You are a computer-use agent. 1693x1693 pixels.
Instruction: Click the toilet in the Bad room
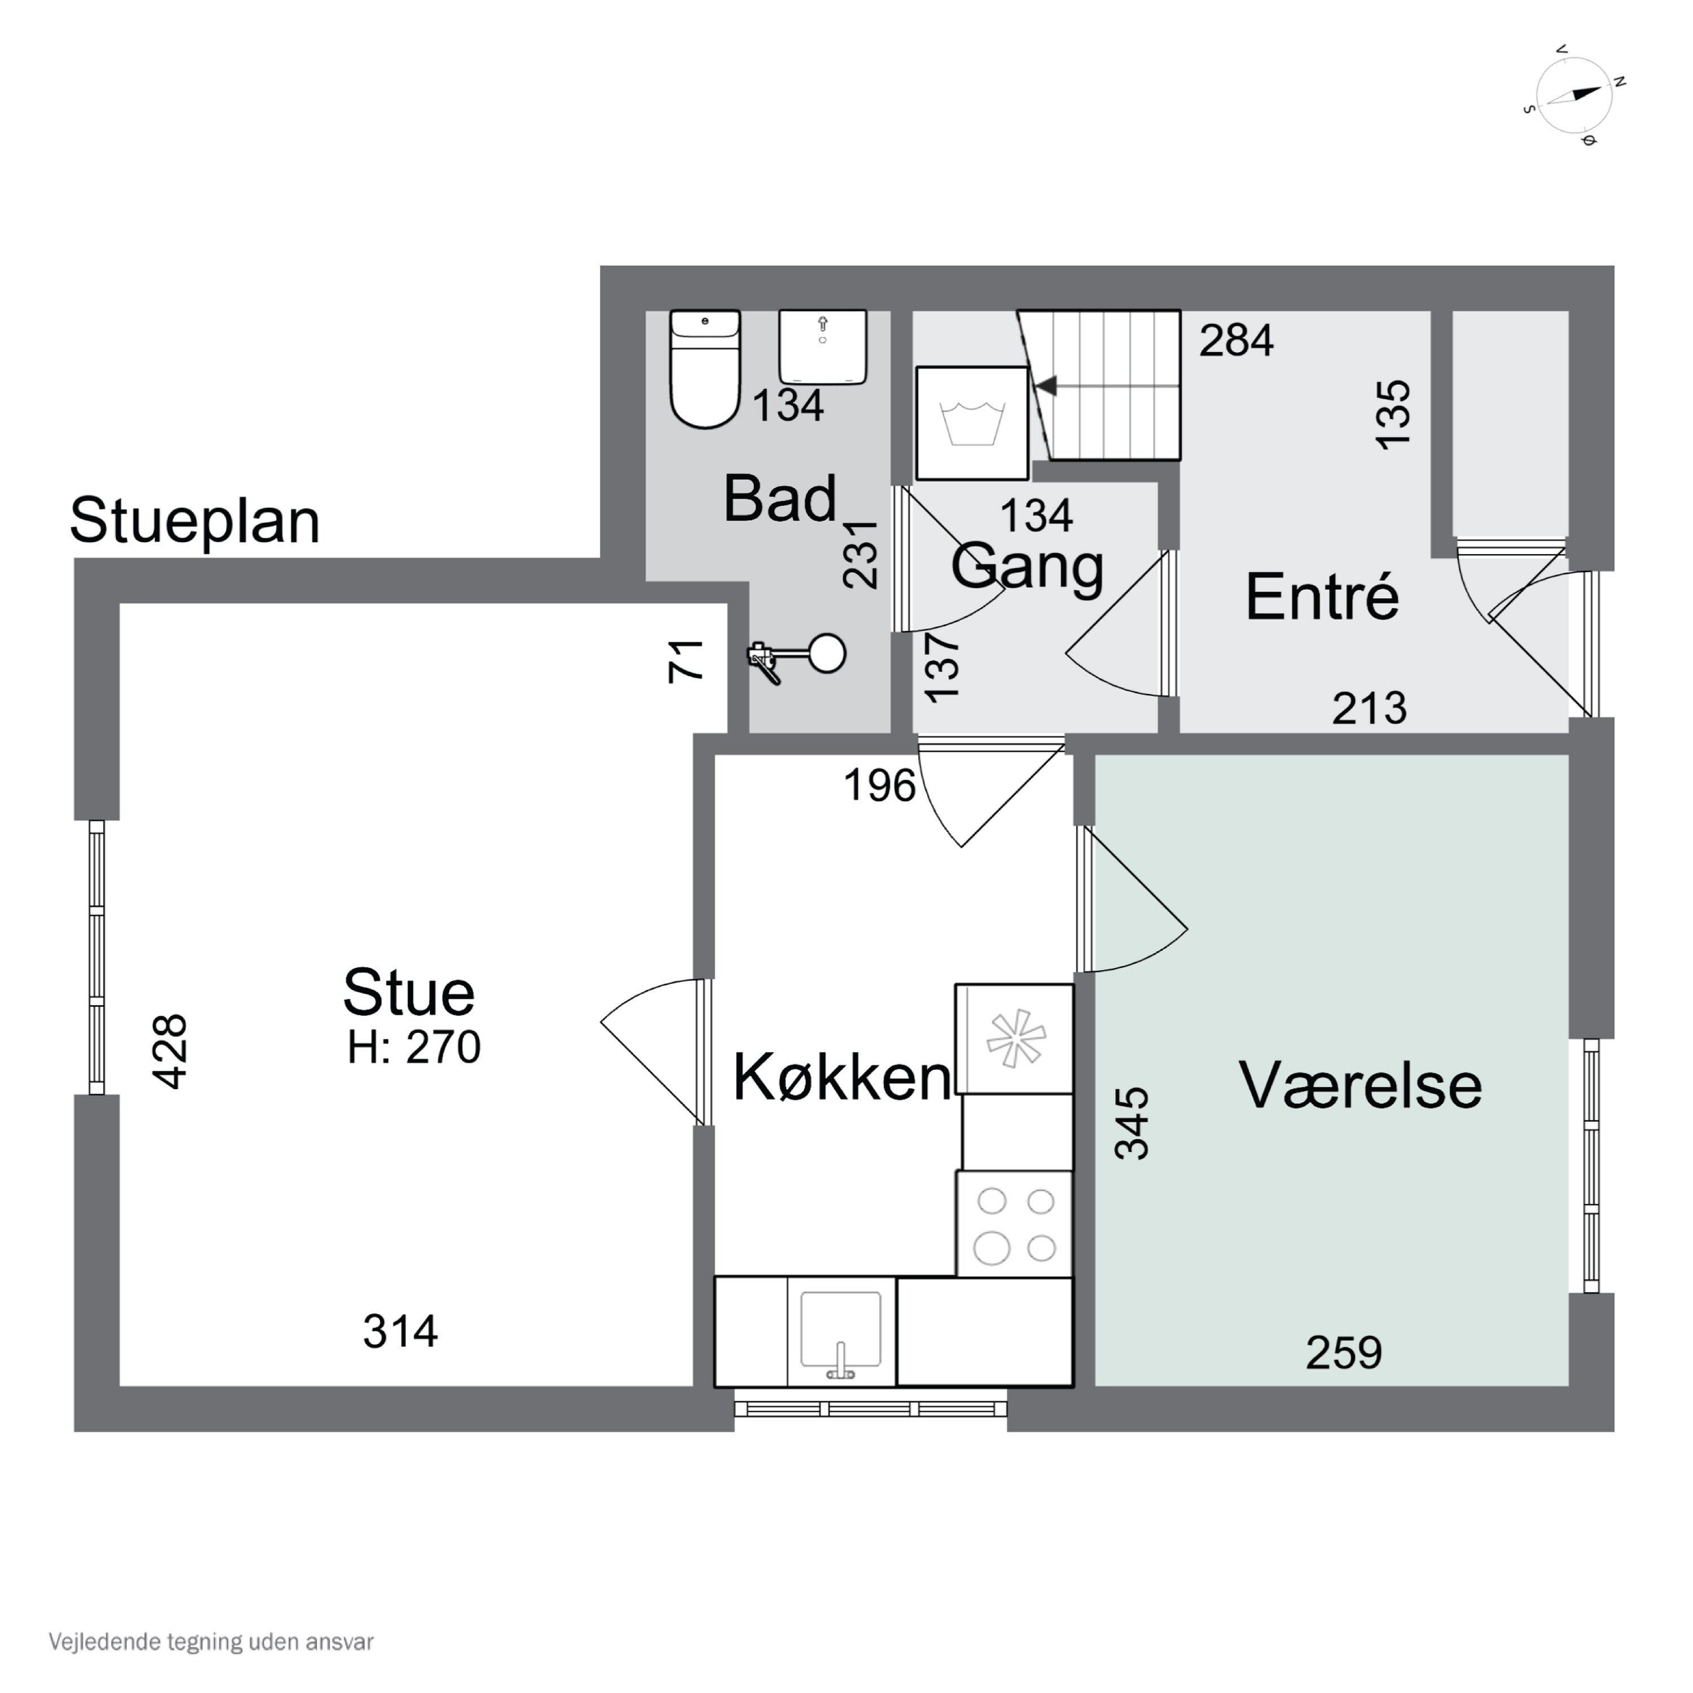click(704, 369)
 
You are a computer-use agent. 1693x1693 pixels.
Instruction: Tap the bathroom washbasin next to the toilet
click(822, 346)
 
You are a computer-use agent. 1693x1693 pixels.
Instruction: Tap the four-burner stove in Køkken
click(1015, 1225)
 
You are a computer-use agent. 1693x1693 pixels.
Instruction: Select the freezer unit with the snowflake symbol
click(1015, 1040)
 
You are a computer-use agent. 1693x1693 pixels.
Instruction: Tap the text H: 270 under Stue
click(414, 1047)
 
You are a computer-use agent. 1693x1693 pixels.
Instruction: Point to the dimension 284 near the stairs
click(1235, 341)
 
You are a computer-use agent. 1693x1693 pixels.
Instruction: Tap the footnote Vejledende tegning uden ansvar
click(211, 1642)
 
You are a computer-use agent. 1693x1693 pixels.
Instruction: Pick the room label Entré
click(1322, 598)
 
